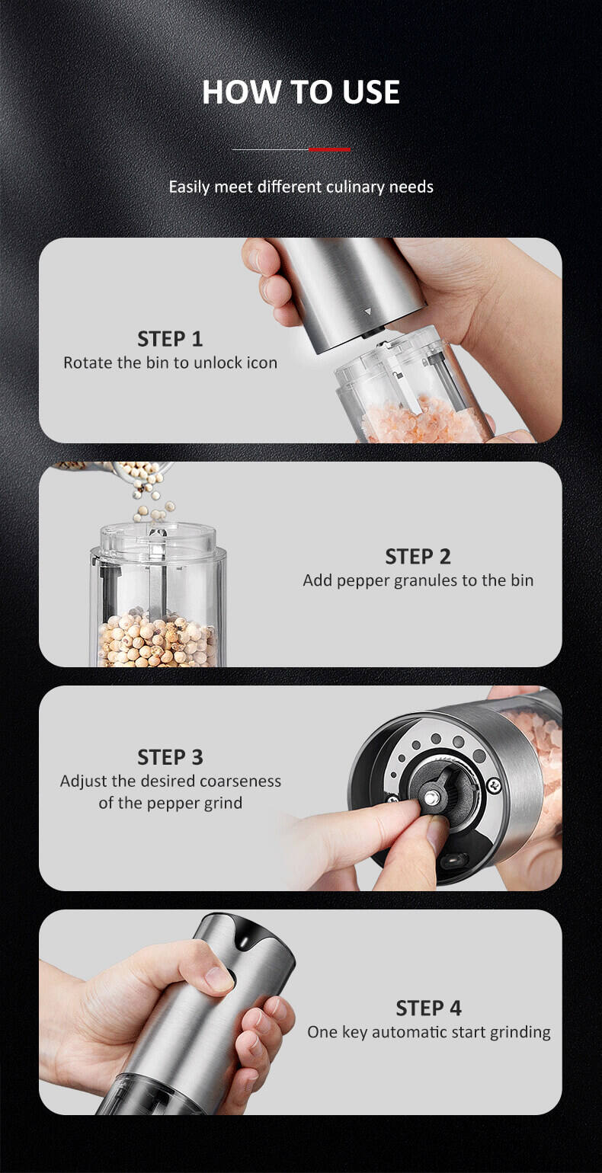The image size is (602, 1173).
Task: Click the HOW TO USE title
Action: click(301, 92)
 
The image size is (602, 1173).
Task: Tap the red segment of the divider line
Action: click(329, 150)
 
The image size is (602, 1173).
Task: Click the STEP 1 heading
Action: click(170, 339)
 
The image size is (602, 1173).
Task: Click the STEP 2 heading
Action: click(418, 557)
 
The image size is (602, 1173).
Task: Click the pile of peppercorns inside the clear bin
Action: click(157, 638)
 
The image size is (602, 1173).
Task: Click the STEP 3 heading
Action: click(170, 757)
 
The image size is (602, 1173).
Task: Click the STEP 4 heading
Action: click(428, 1008)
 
